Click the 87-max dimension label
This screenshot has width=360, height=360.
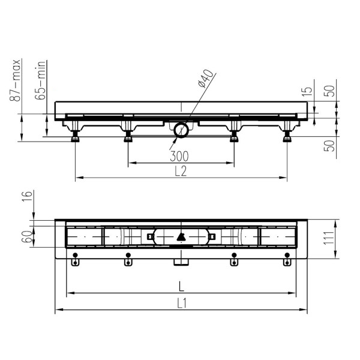[x=16, y=80]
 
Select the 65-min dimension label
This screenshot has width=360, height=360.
[x=40, y=80]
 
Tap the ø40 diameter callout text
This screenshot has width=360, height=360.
[x=206, y=78]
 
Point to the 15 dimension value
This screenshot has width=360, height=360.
[x=308, y=91]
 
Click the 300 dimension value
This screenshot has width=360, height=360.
[x=179, y=156]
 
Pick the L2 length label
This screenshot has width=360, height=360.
[x=181, y=171]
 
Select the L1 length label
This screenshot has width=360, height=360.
[x=182, y=304]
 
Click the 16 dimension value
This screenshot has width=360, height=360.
[x=27, y=197]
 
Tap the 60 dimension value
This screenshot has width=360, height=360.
[x=27, y=237]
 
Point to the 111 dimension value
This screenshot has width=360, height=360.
[x=329, y=238]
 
